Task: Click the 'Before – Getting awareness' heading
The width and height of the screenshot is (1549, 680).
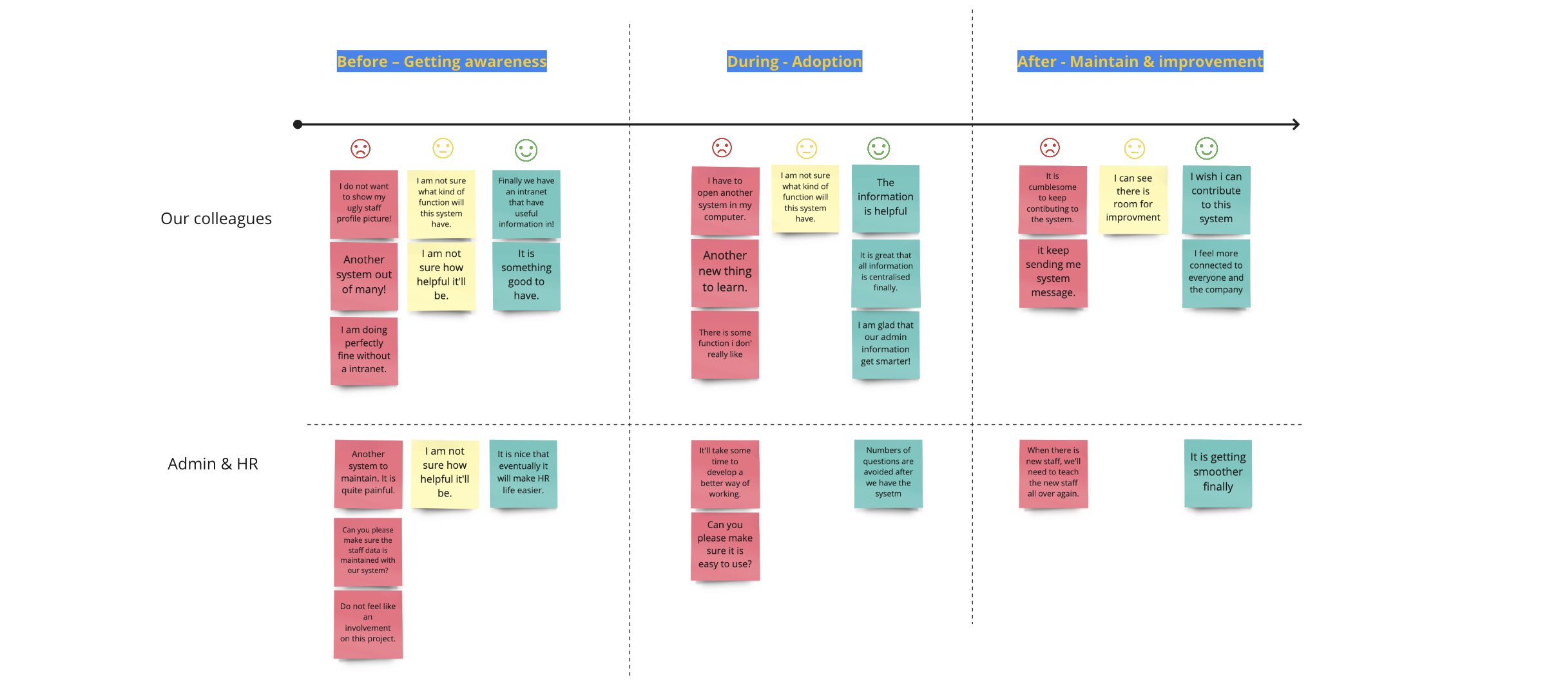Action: click(441, 62)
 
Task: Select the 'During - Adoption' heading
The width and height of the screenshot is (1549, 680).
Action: click(794, 62)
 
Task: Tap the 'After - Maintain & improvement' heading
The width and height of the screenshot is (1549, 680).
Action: click(1140, 62)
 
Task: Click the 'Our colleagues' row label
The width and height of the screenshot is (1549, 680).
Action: click(216, 219)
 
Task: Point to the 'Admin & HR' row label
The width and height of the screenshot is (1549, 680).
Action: click(213, 464)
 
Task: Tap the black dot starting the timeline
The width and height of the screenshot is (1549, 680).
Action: click(298, 124)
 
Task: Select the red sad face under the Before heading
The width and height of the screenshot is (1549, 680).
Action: click(360, 149)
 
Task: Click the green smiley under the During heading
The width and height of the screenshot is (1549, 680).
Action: click(878, 148)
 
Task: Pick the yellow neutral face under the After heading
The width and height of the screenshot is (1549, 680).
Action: click(1134, 149)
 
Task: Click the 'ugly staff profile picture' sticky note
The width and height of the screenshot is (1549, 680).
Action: click(363, 203)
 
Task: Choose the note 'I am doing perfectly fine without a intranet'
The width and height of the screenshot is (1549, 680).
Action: click(364, 350)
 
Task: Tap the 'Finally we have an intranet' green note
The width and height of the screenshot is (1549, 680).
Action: click(526, 203)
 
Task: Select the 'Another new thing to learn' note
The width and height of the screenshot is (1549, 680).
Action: click(725, 272)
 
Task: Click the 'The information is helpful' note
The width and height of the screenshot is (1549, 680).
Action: click(885, 198)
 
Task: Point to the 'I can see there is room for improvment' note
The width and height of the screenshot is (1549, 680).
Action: click(1133, 199)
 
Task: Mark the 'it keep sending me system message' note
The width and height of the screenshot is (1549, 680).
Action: click(1053, 272)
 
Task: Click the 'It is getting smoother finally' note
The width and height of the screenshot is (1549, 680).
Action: click(1218, 473)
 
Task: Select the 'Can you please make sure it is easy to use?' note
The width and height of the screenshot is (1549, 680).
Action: click(725, 545)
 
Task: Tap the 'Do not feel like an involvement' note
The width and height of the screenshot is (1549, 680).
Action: click(368, 623)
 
